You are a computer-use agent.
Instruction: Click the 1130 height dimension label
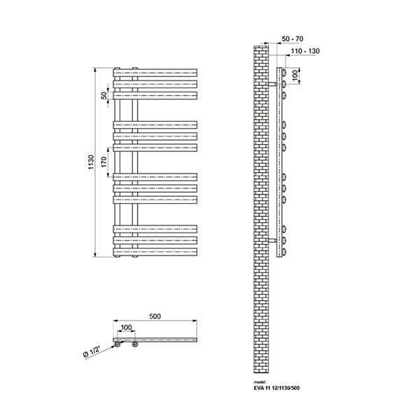coord(91,162)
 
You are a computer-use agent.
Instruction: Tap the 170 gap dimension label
coord(104,162)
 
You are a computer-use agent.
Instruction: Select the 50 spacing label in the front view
coord(104,95)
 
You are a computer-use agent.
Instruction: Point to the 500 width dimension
coord(155,316)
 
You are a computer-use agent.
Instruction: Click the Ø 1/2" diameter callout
coord(92,351)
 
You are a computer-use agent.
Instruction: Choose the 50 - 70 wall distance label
coord(293,38)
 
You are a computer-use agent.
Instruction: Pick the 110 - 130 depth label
coord(305,51)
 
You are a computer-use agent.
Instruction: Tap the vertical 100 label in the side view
coord(295,76)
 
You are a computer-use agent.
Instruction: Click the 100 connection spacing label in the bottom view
coord(126,328)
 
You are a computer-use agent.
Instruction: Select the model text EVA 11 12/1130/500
coord(276,388)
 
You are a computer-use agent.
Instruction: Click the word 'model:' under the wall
coord(260,382)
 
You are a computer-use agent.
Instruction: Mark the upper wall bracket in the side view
coord(272,84)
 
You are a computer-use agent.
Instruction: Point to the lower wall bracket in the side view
coord(272,241)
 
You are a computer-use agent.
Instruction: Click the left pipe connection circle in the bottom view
coord(118,344)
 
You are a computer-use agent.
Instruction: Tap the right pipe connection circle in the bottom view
coord(135,344)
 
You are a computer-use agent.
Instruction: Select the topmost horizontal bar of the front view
coord(155,73)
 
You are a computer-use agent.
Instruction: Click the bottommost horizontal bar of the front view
coord(155,252)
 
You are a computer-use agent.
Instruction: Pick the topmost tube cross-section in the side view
coord(283,73)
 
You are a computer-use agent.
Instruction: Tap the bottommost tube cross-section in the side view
coord(283,252)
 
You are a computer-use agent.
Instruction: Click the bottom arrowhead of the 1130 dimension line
coord(94,255)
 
